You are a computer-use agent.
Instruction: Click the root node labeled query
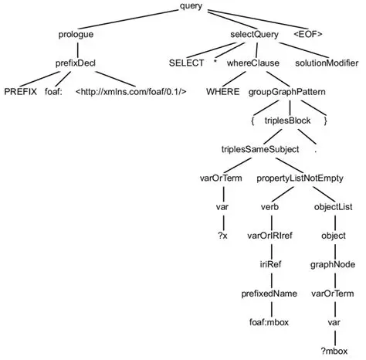pos(191,6)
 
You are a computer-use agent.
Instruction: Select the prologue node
pos(76,35)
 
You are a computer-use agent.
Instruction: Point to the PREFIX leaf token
pos(20,91)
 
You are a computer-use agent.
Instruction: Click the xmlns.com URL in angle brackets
pos(130,91)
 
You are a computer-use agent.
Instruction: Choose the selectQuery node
pos(255,35)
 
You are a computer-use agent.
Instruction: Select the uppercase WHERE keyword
pos(222,91)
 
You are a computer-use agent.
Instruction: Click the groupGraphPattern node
pos(286,91)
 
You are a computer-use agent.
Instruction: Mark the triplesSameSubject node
pos(256,148)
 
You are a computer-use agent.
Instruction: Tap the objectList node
pos(333,206)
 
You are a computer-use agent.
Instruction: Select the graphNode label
pos(333,264)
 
